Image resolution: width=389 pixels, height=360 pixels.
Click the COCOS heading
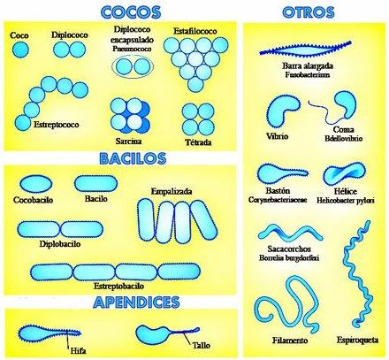coord(131,12)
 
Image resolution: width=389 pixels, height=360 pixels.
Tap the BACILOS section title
coord(133,158)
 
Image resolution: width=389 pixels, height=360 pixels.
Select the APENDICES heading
coord(136,302)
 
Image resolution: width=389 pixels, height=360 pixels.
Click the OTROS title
coord(309,12)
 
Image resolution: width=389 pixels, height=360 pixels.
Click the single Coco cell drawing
coord(20,50)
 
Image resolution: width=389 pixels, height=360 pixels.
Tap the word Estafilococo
coord(195,31)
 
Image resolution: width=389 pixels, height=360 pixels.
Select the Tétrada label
coord(198,142)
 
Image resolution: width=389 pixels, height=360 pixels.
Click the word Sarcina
coord(128,141)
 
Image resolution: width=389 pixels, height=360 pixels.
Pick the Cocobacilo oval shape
coord(36,184)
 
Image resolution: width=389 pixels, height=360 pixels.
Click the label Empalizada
coord(172,191)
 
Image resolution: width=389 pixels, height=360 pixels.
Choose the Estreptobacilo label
coord(118,286)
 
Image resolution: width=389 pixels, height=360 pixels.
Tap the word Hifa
coord(78,351)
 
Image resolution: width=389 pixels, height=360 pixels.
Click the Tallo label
coord(202,345)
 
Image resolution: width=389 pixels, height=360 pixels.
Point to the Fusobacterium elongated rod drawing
coord(305,49)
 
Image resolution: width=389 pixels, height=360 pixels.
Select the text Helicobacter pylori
coord(346,201)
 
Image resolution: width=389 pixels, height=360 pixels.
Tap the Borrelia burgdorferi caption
coord(289,258)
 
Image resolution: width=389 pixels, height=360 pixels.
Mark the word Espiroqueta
coord(357,340)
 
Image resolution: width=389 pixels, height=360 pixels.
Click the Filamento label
coord(290,341)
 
